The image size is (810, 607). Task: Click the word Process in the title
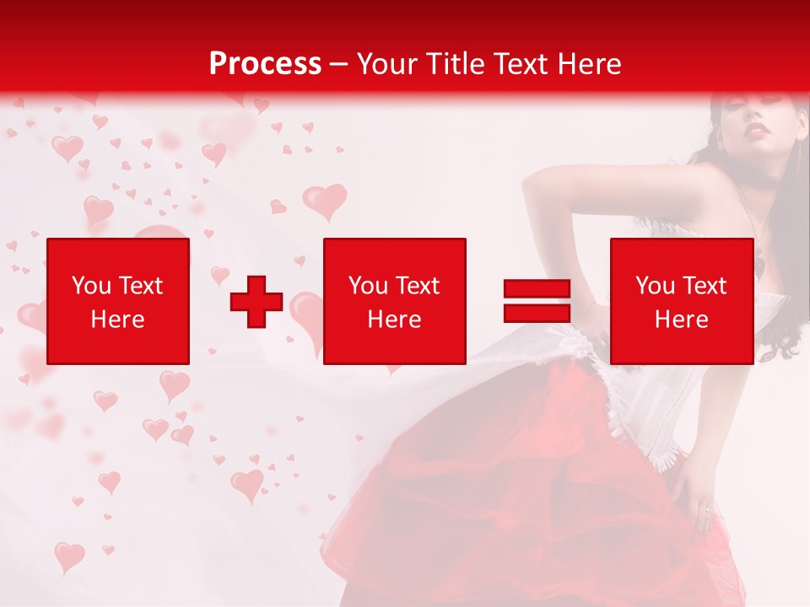click(265, 63)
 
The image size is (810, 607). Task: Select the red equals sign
click(537, 301)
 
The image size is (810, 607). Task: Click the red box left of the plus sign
click(118, 301)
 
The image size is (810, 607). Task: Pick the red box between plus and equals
click(395, 301)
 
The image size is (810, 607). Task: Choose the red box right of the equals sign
click(682, 301)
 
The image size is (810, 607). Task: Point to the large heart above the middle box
click(325, 201)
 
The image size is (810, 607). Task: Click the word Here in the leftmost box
click(118, 320)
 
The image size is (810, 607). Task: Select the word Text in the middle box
click(418, 286)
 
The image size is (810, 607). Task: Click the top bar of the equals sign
click(537, 289)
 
